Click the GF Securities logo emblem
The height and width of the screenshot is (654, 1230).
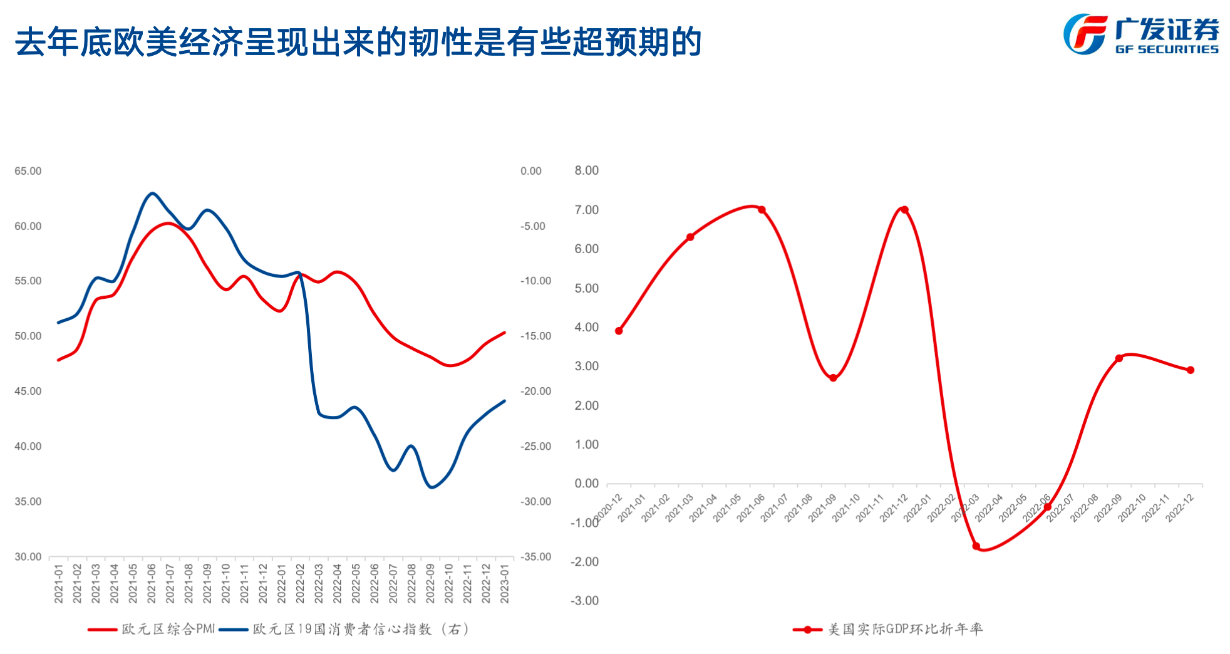click(x=1085, y=34)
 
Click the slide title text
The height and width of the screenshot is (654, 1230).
click(x=358, y=43)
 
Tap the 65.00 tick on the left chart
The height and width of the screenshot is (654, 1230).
click(x=28, y=171)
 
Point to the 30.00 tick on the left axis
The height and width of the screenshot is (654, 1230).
click(x=28, y=556)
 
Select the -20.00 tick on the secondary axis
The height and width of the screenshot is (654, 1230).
click(x=535, y=391)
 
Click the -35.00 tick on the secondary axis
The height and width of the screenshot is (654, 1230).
click(x=535, y=556)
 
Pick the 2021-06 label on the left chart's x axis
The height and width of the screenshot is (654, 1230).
click(x=152, y=583)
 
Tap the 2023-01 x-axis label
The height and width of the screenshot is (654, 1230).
click(x=505, y=583)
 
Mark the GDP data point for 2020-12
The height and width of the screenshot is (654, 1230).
click(x=619, y=331)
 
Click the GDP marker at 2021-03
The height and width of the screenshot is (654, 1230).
click(x=690, y=237)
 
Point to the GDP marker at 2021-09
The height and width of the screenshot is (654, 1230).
click(x=833, y=378)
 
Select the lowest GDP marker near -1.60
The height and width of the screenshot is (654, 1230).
click(x=976, y=546)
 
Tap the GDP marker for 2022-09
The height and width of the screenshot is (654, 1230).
click(x=1119, y=358)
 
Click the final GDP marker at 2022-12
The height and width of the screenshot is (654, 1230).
click(x=1191, y=370)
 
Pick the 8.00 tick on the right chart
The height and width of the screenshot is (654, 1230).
click(x=587, y=170)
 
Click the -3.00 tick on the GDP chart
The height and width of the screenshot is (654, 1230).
click(x=584, y=601)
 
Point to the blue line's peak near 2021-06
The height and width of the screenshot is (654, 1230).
click(x=152, y=193)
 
